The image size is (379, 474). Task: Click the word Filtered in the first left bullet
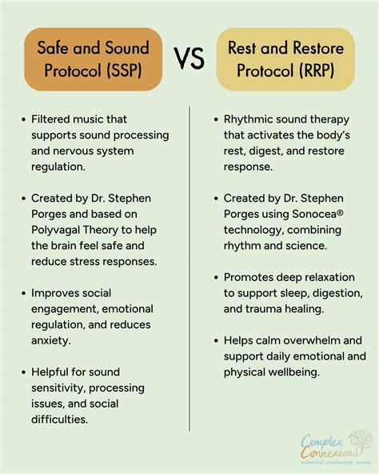(55, 119)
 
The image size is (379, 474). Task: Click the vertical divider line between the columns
(189, 272)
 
